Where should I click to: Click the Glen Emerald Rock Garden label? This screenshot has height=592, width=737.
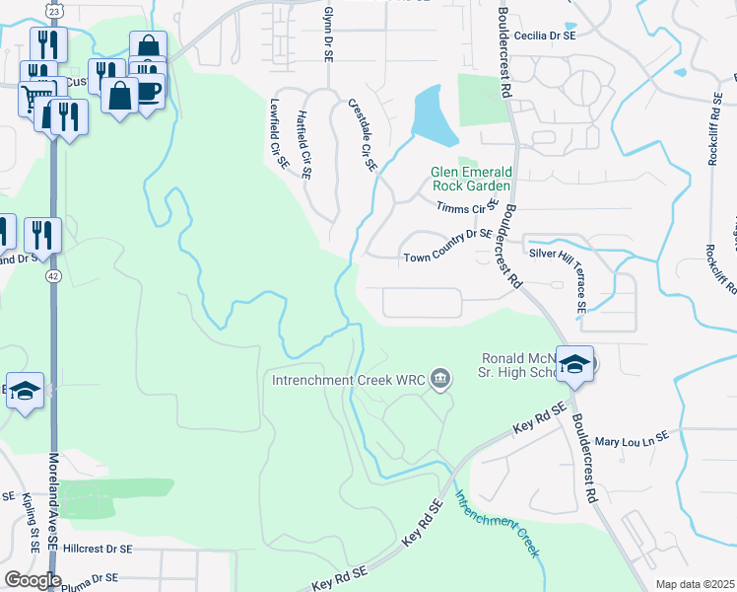471,179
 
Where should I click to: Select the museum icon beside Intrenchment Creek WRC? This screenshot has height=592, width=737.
441,378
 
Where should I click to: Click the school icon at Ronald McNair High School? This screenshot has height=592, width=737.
574,364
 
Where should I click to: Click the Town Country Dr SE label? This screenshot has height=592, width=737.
446,259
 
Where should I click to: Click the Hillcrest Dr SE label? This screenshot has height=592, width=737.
110,548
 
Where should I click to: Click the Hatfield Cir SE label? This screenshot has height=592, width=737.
303,144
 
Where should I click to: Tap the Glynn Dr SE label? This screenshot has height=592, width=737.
328,31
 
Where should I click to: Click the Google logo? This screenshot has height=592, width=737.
32,580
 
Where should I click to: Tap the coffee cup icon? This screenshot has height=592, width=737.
149,90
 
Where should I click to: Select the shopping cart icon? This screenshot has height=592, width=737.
35,97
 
